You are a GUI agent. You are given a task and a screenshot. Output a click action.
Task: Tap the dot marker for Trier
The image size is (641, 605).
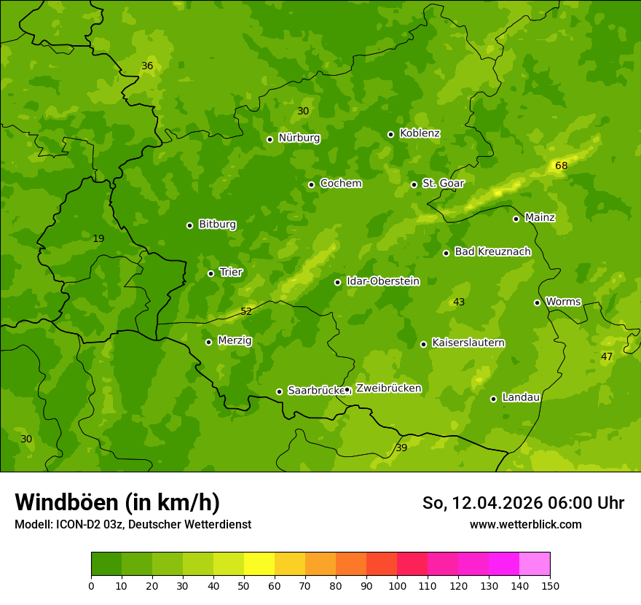point(211,273)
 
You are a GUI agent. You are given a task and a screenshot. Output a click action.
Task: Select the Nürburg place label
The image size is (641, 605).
point(299,138)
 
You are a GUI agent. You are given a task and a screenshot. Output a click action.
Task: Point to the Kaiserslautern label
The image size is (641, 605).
point(468,343)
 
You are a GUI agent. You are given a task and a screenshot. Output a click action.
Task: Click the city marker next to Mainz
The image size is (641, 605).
point(516,219)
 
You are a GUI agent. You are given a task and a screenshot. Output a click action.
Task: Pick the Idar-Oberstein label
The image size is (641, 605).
point(382,281)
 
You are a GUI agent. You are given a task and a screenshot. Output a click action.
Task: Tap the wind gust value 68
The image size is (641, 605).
point(561,165)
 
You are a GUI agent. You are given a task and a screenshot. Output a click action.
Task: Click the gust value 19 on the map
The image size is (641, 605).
point(98,238)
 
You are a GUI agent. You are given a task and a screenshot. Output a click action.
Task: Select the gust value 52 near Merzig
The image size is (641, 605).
point(246,311)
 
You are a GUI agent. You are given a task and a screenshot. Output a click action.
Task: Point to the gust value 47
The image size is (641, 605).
point(607,356)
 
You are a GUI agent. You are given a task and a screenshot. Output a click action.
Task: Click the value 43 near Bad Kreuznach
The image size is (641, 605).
point(459,302)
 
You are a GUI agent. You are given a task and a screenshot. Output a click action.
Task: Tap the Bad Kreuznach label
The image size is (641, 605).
point(492,251)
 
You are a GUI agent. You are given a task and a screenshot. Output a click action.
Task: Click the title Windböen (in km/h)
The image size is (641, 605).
point(117,502)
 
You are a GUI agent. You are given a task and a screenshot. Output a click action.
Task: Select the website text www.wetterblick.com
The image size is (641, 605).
point(525,525)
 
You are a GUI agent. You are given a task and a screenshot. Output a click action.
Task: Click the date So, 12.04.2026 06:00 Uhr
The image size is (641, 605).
point(523,503)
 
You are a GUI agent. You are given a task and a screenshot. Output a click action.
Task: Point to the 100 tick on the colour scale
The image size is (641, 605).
point(397,586)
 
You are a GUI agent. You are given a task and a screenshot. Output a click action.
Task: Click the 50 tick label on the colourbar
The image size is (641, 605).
point(244,586)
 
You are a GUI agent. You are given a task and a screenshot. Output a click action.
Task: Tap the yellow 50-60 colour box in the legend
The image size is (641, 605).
point(259,564)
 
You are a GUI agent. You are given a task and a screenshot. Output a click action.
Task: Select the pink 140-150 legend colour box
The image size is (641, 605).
point(535,564)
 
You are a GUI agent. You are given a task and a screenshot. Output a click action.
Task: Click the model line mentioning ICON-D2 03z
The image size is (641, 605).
point(133,525)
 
